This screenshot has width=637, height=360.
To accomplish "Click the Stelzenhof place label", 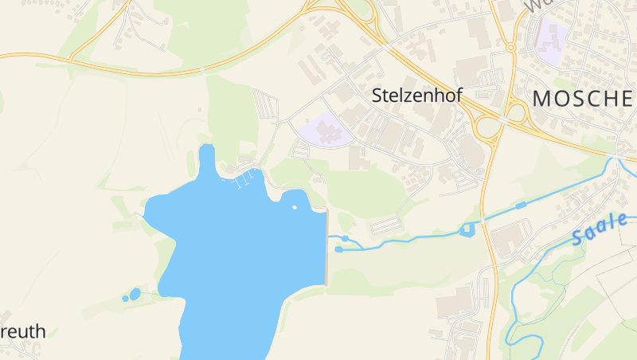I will [416, 96].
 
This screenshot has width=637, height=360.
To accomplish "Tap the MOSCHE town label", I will [584, 99].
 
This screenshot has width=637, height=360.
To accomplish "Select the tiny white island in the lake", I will [295, 207].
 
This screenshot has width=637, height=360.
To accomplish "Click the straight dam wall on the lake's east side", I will [326, 248].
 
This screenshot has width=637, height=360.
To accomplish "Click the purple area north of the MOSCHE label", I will [553, 36].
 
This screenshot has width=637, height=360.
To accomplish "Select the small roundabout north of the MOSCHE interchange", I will [511, 48].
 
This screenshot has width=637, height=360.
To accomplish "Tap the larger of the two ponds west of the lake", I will [135, 294].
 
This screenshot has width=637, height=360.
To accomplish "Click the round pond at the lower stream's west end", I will [339, 249].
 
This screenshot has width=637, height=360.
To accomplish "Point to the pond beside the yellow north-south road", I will [467, 230].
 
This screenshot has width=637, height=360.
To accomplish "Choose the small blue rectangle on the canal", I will [521, 205].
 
